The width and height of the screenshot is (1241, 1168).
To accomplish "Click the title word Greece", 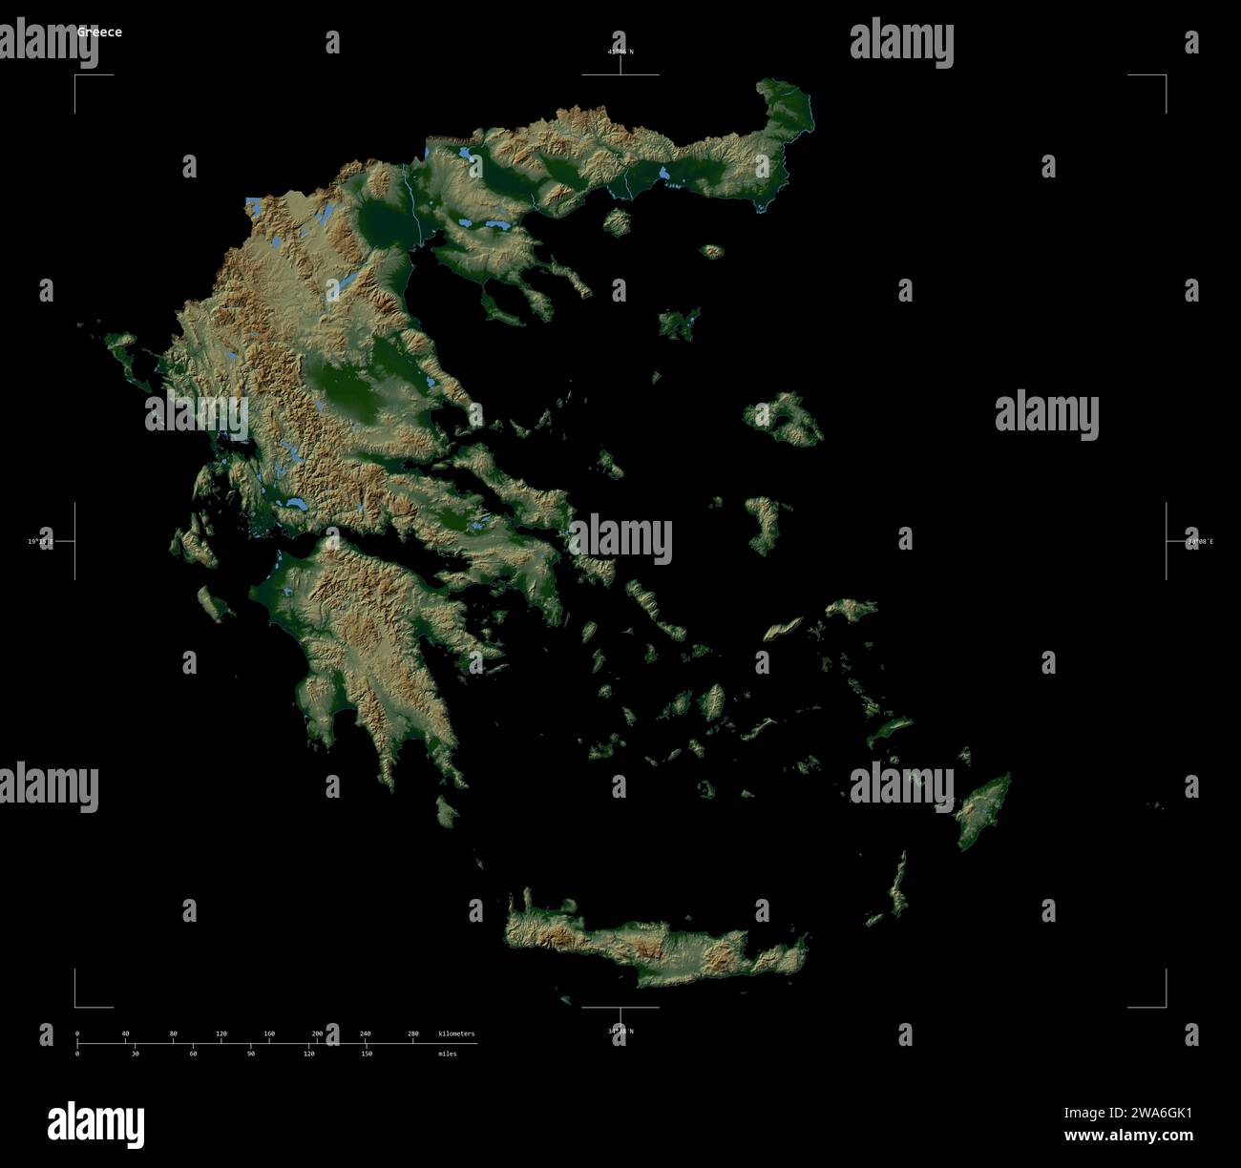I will click(x=99, y=31).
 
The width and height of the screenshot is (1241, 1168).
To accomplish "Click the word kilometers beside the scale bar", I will click(x=456, y=1033).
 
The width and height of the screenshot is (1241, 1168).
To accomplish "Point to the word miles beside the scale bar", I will click(x=447, y=1053).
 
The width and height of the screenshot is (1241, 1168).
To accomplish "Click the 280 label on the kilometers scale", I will click(x=413, y=1033).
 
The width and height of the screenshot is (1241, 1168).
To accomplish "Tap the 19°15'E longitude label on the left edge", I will click(x=41, y=541).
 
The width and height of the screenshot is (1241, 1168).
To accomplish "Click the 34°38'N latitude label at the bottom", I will click(x=620, y=1031).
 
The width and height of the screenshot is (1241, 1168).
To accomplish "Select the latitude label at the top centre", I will click(x=620, y=51).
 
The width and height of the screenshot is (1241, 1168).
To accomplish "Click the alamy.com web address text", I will click(x=1128, y=1136).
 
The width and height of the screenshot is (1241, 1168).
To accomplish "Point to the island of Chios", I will click(x=764, y=523).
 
